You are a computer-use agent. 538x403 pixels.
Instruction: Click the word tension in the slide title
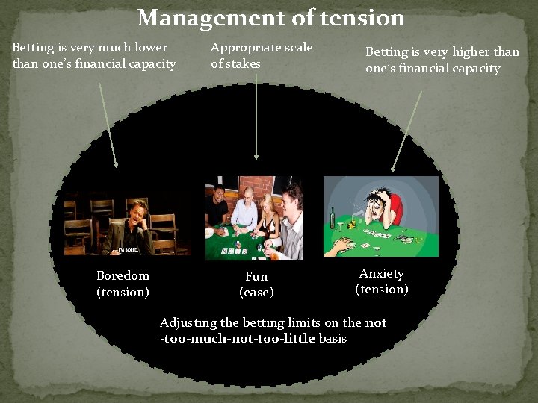click(x=356, y=17)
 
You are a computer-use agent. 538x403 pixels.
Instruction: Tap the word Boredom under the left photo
click(x=123, y=275)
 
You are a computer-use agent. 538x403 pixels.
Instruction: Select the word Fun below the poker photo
click(x=256, y=276)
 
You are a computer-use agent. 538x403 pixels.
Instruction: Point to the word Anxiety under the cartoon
click(x=381, y=273)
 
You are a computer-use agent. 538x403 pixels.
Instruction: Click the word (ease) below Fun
click(x=256, y=292)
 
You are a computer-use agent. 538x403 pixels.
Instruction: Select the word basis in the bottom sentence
click(x=333, y=339)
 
